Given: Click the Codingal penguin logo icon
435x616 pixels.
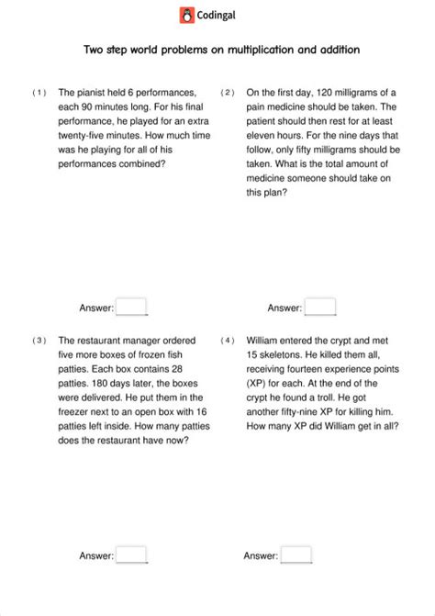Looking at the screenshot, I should click(188, 14).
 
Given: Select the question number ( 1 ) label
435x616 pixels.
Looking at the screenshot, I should click(39, 93).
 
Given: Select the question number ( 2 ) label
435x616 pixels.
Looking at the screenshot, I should click(228, 93).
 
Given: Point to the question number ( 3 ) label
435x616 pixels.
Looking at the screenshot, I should click(39, 341).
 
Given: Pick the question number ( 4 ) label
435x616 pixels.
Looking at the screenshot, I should click(228, 341).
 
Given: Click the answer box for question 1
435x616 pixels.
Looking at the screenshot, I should click(131, 307).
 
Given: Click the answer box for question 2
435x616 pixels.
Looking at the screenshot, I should click(320, 307).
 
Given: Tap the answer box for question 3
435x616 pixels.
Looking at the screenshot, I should click(131, 554).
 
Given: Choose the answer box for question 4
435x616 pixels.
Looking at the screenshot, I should click(296, 554).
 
